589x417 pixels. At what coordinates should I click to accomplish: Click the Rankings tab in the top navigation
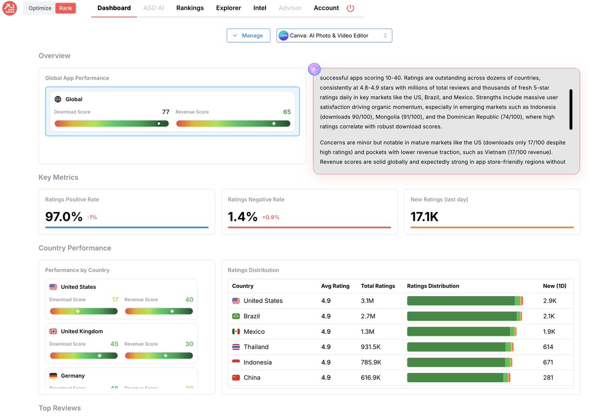(190, 8)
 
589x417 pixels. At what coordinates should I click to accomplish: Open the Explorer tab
(228, 8)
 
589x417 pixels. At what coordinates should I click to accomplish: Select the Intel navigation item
(260, 8)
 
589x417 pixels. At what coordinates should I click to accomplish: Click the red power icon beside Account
(350, 8)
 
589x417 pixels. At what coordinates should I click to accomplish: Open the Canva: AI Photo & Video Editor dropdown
(334, 35)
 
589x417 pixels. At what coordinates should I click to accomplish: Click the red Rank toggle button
(65, 8)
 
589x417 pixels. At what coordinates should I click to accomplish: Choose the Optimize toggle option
(40, 8)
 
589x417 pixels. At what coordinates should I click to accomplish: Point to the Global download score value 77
(165, 112)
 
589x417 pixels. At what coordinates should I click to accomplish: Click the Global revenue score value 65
(287, 112)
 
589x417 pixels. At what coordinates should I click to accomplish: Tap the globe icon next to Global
(58, 99)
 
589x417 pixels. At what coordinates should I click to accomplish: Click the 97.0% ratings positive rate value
(64, 216)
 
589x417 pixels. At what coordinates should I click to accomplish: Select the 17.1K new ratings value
(424, 216)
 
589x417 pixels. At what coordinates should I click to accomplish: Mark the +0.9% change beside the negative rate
(270, 217)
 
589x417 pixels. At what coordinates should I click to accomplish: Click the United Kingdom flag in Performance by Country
(54, 332)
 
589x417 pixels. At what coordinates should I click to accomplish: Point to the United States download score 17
(115, 300)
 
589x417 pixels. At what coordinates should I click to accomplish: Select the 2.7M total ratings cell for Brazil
(368, 316)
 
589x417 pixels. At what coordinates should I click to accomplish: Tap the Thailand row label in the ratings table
(256, 347)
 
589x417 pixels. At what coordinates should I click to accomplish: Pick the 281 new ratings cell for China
(548, 378)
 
